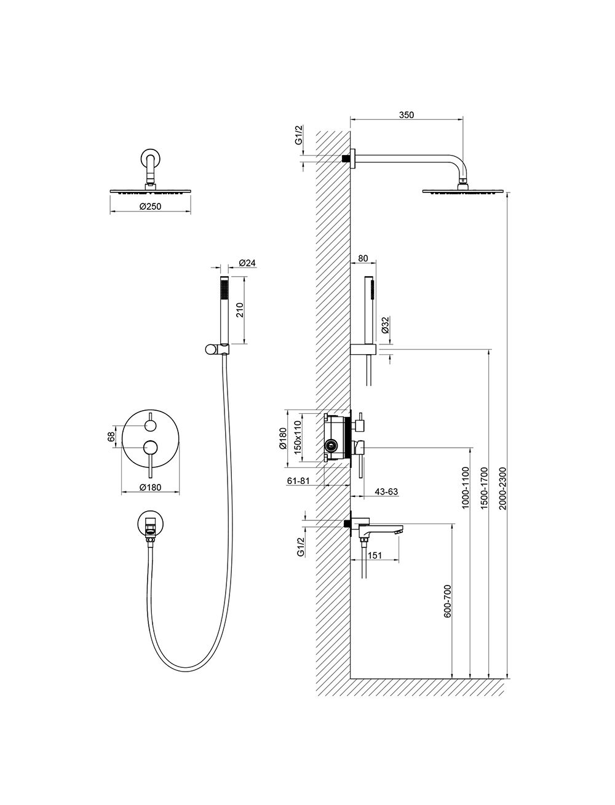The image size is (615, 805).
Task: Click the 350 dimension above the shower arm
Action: (x=407, y=115)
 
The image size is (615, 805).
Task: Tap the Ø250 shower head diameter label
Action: (x=150, y=207)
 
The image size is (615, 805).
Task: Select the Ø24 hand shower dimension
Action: (x=247, y=263)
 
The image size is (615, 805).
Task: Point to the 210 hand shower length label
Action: (x=239, y=311)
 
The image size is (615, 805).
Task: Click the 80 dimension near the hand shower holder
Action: (x=363, y=258)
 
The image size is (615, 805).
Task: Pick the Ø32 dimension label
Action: (x=385, y=325)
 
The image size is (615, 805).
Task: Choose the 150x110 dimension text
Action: (x=298, y=437)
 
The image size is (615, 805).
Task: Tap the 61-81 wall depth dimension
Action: (x=298, y=481)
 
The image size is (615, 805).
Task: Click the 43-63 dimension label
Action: (x=387, y=492)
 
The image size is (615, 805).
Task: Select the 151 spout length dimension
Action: (x=375, y=555)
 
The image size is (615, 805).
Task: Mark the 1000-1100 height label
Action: (x=466, y=488)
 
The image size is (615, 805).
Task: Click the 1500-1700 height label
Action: (x=485, y=488)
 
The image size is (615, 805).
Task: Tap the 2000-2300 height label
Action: (x=502, y=488)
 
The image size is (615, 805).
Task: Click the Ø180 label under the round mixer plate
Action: (x=150, y=488)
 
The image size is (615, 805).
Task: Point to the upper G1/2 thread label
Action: (x=300, y=135)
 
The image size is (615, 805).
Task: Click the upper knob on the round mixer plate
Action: (x=150, y=426)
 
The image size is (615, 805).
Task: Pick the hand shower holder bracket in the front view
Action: (x=216, y=349)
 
